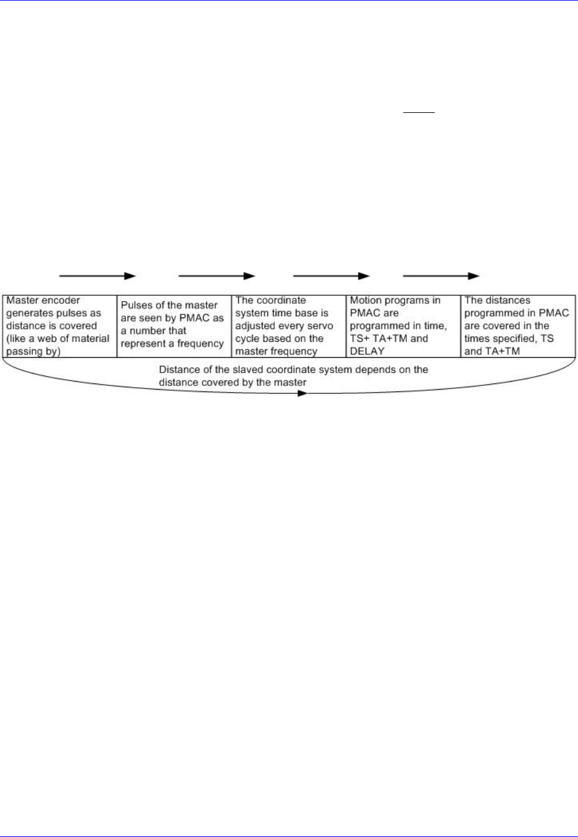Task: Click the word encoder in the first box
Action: tap(61, 301)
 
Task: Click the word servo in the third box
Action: tap(320, 326)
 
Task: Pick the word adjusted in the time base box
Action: tap(255, 326)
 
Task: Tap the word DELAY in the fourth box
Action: tap(367, 352)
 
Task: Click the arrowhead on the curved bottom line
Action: tap(302, 393)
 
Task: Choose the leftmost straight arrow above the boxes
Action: tap(97, 276)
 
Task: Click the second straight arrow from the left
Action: tap(217, 276)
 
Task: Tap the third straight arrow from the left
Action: tap(331, 276)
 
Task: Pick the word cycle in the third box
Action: tap(247, 339)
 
